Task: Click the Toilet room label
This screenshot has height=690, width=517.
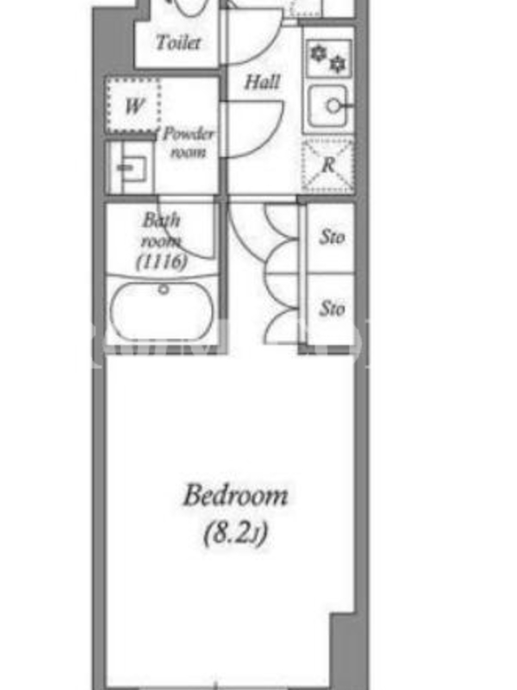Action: pyautogui.click(x=178, y=42)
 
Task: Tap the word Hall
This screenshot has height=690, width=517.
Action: pyautogui.click(x=262, y=82)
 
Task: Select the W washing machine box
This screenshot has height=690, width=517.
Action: pyautogui.click(x=134, y=106)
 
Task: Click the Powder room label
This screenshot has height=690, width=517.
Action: pyautogui.click(x=188, y=142)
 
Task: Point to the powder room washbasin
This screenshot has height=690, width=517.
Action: pyautogui.click(x=130, y=167)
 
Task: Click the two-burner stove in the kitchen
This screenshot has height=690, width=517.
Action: pyautogui.click(x=329, y=59)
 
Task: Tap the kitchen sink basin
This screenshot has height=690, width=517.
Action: pyautogui.click(x=327, y=106)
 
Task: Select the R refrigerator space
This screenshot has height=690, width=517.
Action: pyautogui.click(x=328, y=166)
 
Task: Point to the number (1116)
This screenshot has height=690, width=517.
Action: pyautogui.click(x=162, y=262)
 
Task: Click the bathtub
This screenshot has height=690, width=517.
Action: pyautogui.click(x=162, y=311)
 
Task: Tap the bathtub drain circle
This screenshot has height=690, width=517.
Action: pyautogui.click(x=164, y=290)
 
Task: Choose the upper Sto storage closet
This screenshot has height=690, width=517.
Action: pyautogui.click(x=331, y=238)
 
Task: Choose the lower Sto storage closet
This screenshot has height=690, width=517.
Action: pyautogui.click(x=331, y=310)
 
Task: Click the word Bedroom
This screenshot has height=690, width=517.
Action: pyautogui.click(x=235, y=495)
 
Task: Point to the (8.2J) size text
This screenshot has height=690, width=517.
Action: pyautogui.click(x=235, y=533)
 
